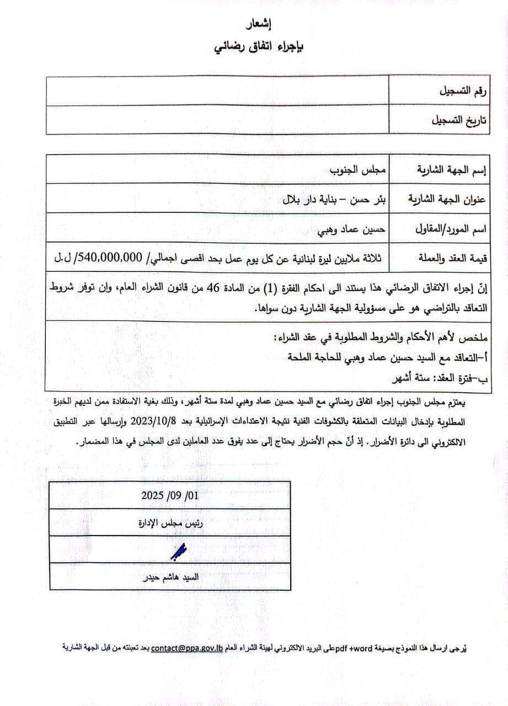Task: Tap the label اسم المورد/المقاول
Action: (x=449, y=228)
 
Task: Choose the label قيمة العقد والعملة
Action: (x=450, y=258)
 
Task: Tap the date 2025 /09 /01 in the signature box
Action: (x=170, y=495)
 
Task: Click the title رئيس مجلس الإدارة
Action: (x=169, y=522)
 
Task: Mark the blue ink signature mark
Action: (x=179, y=550)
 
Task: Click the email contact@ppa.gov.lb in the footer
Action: (x=187, y=648)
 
